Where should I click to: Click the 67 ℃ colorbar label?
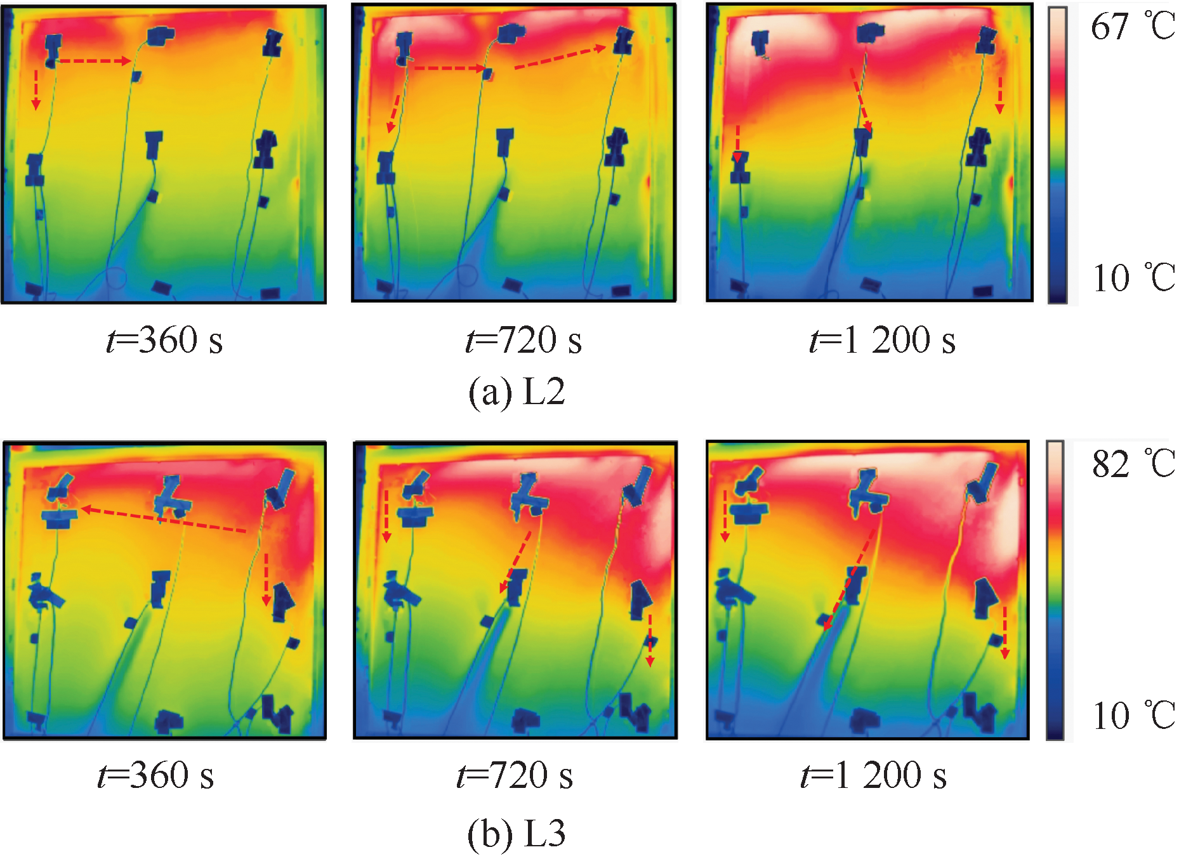point(1132,27)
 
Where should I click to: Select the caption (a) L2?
point(517,391)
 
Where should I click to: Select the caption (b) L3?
point(517,832)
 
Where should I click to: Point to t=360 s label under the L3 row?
point(156,775)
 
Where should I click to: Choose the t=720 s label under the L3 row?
point(515,775)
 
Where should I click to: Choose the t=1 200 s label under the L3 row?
point(874,775)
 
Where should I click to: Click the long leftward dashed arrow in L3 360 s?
point(164,520)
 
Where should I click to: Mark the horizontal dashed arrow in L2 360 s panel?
point(94,61)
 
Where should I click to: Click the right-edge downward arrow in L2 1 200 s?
point(999,95)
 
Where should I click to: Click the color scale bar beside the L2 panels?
point(1057,154)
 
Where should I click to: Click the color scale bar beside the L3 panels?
point(1055,590)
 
